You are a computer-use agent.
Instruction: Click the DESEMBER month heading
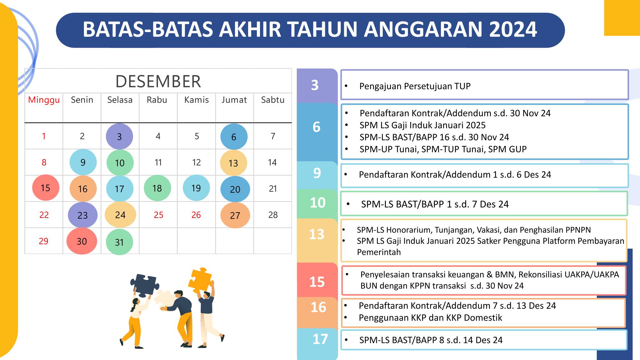pyautogui.click(x=158, y=81)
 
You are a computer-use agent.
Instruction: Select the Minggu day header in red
pyautogui.click(x=44, y=100)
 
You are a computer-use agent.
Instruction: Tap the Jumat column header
pyautogui.click(x=234, y=100)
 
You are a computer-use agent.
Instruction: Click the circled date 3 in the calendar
pyautogui.click(x=119, y=136)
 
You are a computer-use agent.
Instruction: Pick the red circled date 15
pyautogui.click(x=45, y=188)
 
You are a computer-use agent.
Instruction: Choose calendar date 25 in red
pyautogui.click(x=158, y=215)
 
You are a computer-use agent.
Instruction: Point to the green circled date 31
pyautogui.click(x=119, y=242)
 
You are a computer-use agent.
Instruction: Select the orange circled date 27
pyautogui.click(x=235, y=215)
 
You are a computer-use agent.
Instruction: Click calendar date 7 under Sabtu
pyautogui.click(x=273, y=136)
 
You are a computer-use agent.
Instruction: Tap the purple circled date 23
pyautogui.click(x=83, y=215)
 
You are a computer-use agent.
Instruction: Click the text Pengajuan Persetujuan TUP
pyautogui.click(x=415, y=86)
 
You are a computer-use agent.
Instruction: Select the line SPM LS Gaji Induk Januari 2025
pyautogui.click(x=423, y=125)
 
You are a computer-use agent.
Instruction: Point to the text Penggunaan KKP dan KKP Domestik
pyautogui.click(x=430, y=318)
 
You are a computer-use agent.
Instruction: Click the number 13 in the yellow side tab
pyautogui.click(x=317, y=234)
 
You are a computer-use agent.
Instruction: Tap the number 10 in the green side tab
pyautogui.click(x=318, y=203)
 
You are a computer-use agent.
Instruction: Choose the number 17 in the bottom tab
pyautogui.click(x=320, y=339)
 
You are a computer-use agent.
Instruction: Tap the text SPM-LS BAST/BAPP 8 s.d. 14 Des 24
pyautogui.click(x=431, y=340)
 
